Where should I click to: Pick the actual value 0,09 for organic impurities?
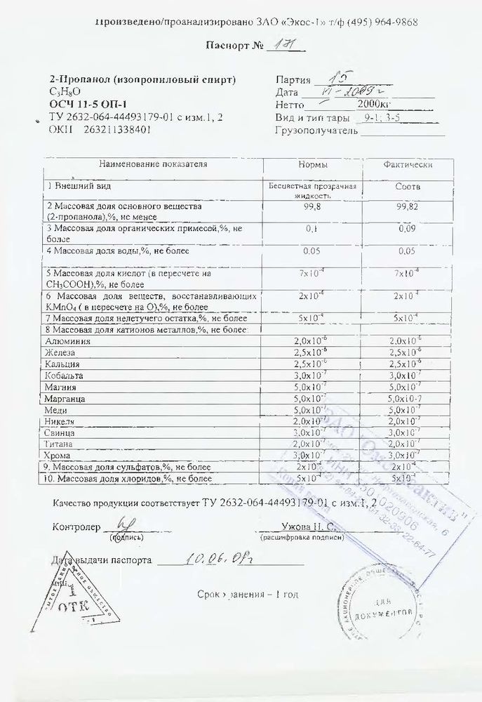pyautogui.click(x=407, y=229)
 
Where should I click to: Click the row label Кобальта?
pyautogui.click(x=62, y=376)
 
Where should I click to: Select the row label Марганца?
pyautogui.click(x=63, y=399)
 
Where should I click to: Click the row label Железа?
pyautogui.click(x=59, y=352)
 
